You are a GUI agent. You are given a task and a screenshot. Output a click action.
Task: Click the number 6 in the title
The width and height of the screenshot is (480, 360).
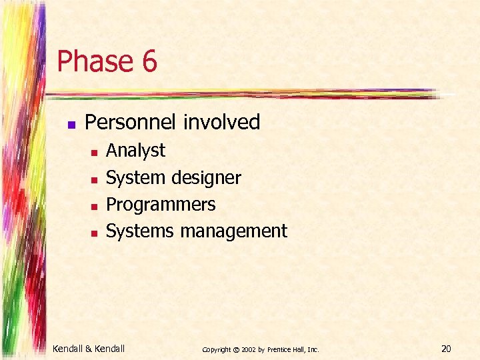[x=148, y=62]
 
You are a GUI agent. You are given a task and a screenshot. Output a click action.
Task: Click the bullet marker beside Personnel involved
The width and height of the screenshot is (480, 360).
[x=71, y=124]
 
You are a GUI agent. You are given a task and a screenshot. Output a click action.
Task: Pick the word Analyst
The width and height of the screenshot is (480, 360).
[x=135, y=151]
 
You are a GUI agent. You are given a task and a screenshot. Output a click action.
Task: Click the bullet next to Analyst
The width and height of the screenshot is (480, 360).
[x=94, y=153]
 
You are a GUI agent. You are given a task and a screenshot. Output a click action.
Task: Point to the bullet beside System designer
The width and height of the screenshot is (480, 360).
[x=94, y=179]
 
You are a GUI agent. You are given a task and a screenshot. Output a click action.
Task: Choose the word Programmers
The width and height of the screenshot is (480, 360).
[x=161, y=204]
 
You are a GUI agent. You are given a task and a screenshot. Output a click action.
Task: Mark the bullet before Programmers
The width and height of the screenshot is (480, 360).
[x=94, y=206]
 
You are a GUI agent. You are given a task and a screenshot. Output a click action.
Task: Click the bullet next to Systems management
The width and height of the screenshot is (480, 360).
[x=94, y=233]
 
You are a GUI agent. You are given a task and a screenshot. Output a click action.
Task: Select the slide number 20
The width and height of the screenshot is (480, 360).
[x=446, y=347]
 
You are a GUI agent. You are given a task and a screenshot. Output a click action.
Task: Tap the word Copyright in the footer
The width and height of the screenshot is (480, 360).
[x=217, y=349]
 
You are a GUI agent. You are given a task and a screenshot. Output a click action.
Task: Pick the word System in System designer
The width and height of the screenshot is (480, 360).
[x=135, y=178]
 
